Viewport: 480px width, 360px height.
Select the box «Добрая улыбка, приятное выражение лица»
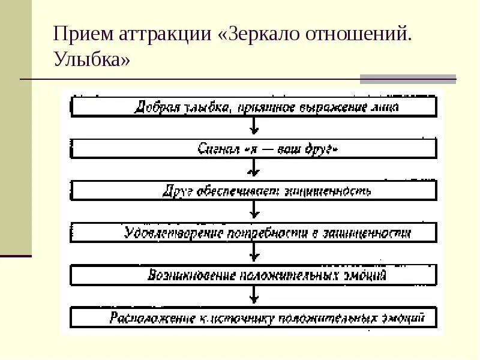[x=254, y=107]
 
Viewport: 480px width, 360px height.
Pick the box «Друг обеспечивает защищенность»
[x=254, y=191]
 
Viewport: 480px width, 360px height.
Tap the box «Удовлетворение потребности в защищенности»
[x=254, y=233]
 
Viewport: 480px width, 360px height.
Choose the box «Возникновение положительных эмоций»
[x=254, y=275]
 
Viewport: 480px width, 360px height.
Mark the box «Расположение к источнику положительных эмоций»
[x=254, y=317]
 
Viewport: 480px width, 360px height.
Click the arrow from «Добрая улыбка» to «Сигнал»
[x=254, y=126]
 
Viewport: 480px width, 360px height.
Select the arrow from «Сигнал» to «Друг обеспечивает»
[x=254, y=169]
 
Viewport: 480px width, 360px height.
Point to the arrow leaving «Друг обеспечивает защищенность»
[x=254, y=211]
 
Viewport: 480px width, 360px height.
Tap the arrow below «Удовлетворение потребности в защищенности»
[x=254, y=253]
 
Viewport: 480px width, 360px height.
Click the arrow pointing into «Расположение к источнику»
[x=254, y=295]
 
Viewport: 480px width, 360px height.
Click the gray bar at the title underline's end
[x=408, y=79]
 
